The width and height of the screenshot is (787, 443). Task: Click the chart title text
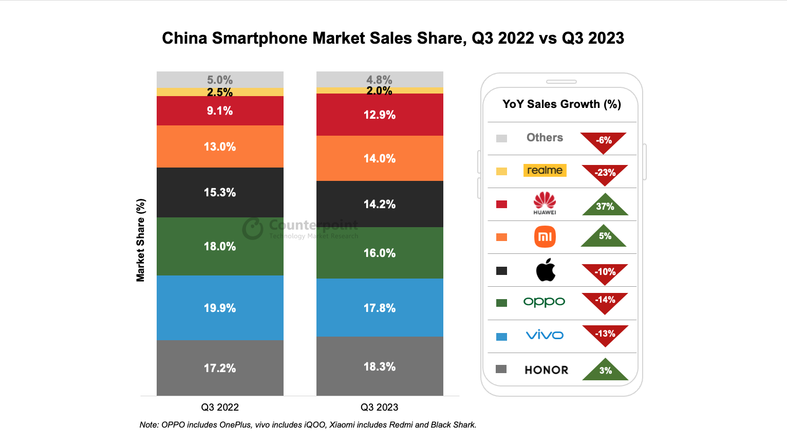tap(393, 38)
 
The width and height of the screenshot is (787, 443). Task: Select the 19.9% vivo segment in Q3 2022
tap(220, 308)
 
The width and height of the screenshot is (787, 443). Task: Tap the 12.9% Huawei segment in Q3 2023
tap(380, 115)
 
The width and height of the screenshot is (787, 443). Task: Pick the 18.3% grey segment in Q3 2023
tap(380, 366)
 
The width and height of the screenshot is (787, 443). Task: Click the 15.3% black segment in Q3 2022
tap(220, 192)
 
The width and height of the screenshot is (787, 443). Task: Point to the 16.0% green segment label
tap(380, 253)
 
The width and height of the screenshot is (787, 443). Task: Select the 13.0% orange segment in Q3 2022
tap(220, 146)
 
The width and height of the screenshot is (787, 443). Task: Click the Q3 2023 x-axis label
tap(379, 407)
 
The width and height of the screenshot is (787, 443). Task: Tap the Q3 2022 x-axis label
tap(220, 407)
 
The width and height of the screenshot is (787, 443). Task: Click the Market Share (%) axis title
tap(140, 240)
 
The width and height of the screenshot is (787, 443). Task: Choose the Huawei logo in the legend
tap(545, 203)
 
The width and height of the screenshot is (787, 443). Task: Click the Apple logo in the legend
tap(546, 270)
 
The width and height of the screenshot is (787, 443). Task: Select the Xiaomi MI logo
tap(545, 237)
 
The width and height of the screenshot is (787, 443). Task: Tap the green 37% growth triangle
tap(605, 206)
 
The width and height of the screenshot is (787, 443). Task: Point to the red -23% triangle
tap(605, 173)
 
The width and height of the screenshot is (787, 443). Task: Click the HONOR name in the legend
tap(547, 370)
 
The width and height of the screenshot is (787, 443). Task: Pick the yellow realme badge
tap(545, 170)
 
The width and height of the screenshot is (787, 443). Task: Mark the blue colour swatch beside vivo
tap(502, 337)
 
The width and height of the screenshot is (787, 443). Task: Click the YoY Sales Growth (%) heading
tap(561, 104)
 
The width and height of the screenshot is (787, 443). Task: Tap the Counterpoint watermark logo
tap(253, 229)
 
